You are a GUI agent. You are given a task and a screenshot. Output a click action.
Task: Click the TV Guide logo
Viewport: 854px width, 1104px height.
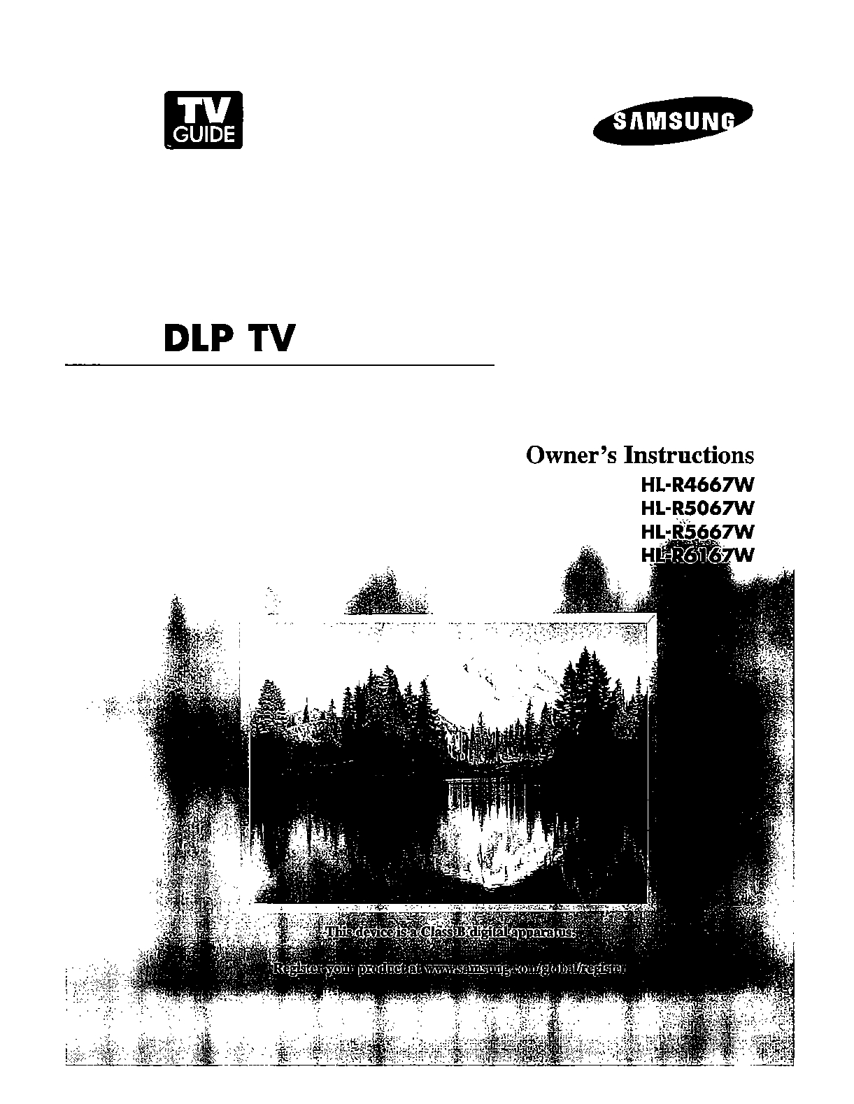point(203,120)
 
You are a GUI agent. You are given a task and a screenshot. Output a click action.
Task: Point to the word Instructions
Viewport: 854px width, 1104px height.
point(690,455)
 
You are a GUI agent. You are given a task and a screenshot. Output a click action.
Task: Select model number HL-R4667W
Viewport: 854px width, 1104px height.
point(698,484)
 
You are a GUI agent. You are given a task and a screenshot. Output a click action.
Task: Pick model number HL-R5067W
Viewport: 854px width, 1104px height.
point(698,507)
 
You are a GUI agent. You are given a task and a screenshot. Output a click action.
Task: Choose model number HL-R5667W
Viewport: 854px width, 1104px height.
point(698,532)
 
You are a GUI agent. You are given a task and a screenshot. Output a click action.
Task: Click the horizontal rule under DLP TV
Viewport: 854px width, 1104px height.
point(280,365)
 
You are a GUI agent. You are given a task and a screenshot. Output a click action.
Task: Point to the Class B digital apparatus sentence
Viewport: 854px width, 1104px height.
point(450,933)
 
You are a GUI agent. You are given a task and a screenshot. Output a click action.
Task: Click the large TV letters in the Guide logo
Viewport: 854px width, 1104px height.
point(203,110)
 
